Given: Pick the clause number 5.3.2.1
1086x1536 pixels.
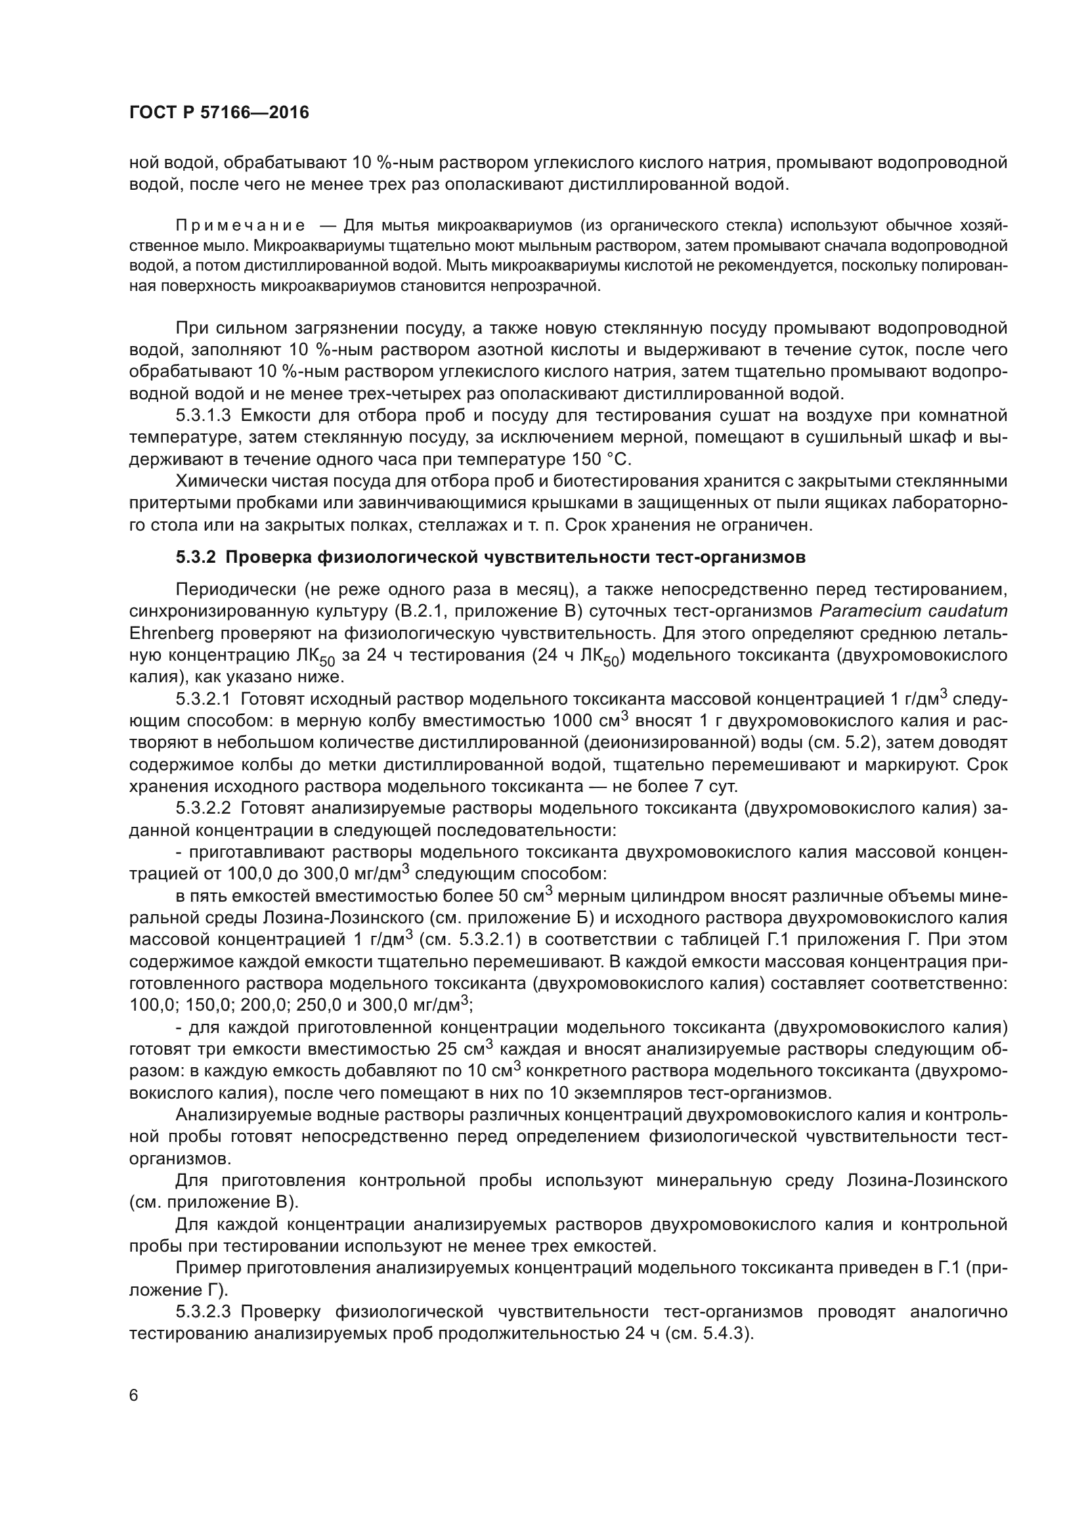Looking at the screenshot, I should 204,699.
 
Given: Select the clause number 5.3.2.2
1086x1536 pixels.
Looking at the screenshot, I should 204,808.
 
